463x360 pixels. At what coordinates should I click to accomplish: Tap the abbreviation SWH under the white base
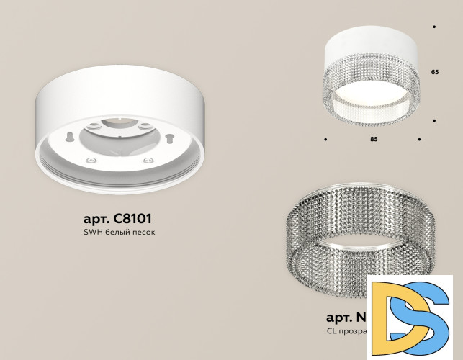pos(89,233)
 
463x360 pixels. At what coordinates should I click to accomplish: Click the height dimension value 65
pos(434,73)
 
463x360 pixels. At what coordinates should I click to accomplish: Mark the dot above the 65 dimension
pos(434,27)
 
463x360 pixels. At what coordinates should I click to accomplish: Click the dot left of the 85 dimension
pos(325,138)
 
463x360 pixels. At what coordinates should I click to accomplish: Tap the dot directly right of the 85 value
pos(420,138)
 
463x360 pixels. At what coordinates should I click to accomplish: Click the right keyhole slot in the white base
pos(169,136)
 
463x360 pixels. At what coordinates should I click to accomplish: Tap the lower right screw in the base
pos(147,159)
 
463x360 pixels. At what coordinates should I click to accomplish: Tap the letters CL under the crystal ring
pos(332,332)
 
